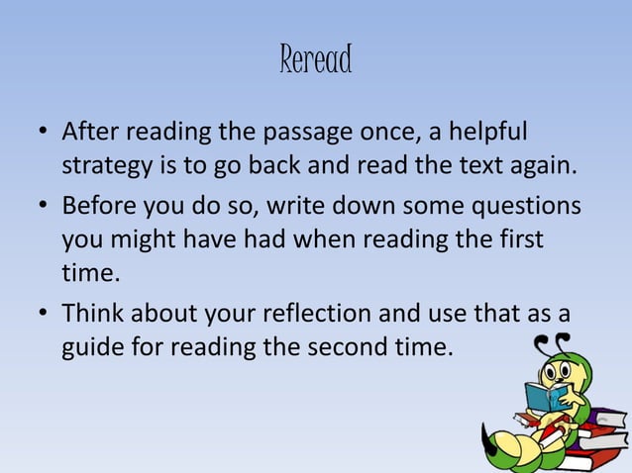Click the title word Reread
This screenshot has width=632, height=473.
316,61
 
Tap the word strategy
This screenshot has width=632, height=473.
108,164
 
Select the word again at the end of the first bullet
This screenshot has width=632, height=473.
540,164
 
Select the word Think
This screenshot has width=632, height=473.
94,314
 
